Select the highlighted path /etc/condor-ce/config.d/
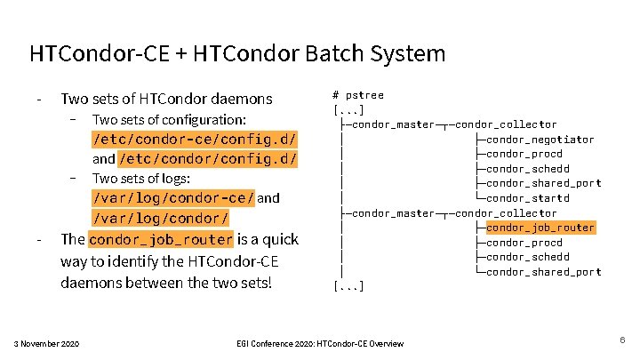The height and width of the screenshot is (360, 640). tap(195, 140)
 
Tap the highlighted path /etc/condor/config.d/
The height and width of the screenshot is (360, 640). tap(208, 159)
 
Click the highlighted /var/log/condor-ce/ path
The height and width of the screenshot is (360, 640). tap(173, 198)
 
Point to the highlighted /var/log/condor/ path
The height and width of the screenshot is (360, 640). tap(161, 218)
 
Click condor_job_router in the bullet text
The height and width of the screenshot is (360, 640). tap(161, 239)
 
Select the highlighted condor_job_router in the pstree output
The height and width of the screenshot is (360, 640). tap(540, 228)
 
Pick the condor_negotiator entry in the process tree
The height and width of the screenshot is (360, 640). tap(540, 140)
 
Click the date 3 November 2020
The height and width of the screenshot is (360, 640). tap(46, 343)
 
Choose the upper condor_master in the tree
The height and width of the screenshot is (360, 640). tap(390, 124)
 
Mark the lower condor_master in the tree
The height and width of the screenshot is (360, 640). tap(390, 213)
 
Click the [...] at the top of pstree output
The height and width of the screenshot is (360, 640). tap(348, 109)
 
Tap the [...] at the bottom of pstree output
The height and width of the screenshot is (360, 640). tap(348, 286)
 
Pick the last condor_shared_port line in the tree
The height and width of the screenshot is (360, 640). tap(544, 272)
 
